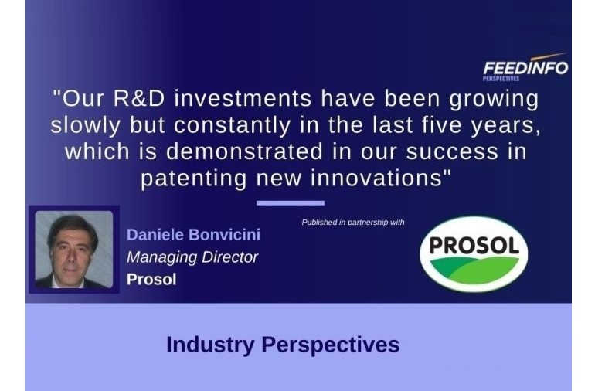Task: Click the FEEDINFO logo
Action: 525,66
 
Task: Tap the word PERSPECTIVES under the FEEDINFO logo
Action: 501,79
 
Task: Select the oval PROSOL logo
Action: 474,253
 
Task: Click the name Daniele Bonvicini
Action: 193,235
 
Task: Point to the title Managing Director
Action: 192,257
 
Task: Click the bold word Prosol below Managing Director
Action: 151,280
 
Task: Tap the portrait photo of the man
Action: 74,250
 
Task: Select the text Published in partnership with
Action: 353,223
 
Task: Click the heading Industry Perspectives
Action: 283,345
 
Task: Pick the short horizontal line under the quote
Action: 291,203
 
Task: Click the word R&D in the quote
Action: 139,98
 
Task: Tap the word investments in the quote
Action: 243,98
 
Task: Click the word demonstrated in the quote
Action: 244,151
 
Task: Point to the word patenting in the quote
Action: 194,178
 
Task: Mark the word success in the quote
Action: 452,152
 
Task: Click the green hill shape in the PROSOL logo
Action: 474,270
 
